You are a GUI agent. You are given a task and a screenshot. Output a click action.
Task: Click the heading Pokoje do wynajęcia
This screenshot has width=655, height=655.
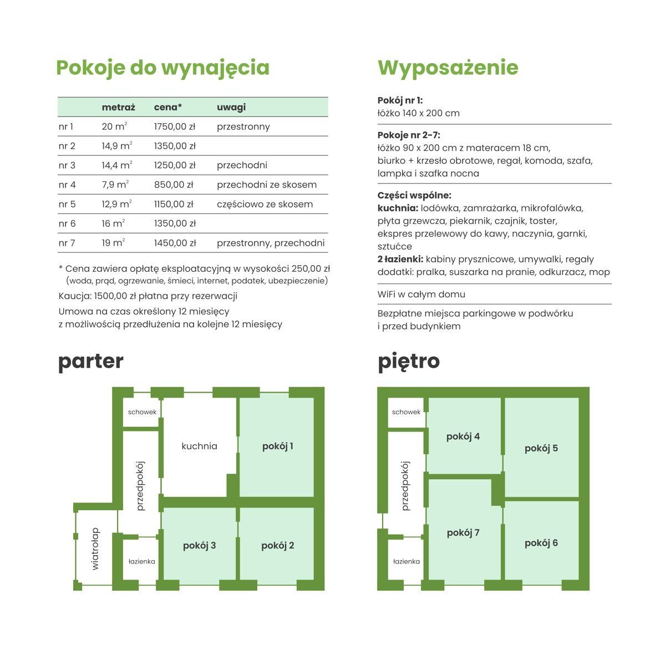click(163, 68)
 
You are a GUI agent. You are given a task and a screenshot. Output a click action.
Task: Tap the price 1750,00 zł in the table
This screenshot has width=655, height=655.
click(174, 126)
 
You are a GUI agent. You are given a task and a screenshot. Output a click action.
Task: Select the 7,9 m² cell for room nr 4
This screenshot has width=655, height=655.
click(115, 185)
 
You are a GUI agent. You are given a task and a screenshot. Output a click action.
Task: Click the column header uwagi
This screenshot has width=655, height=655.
click(231, 107)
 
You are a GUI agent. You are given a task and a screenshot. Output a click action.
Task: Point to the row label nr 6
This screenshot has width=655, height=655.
click(67, 224)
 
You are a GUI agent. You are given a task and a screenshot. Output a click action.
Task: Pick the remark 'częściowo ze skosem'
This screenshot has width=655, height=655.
click(265, 204)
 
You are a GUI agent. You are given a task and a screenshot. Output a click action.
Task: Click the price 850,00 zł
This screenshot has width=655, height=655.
click(173, 185)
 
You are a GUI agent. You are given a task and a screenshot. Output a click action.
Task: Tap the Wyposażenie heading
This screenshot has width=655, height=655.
click(448, 68)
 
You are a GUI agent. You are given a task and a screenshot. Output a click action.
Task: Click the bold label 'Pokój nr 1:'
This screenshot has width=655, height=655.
click(400, 100)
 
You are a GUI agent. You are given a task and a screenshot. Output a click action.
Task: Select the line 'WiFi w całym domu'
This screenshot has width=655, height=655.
click(421, 295)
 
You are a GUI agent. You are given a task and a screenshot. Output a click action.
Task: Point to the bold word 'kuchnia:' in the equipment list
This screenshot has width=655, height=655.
click(398, 209)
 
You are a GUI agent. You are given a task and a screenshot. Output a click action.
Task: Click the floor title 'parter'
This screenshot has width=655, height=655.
click(90, 361)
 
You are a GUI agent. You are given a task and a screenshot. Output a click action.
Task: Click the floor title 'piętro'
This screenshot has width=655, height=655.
click(408, 361)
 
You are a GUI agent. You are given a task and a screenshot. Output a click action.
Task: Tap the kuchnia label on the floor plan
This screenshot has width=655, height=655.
click(199, 446)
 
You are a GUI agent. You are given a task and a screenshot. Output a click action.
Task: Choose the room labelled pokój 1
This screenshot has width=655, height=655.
click(277, 446)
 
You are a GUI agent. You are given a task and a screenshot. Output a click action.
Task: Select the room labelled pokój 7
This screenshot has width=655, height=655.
click(463, 533)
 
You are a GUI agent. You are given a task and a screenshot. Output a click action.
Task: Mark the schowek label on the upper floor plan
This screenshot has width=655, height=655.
click(406, 412)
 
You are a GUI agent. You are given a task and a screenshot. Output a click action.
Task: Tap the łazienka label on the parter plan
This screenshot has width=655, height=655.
click(141, 561)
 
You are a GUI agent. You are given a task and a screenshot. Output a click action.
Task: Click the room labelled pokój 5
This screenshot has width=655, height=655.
click(541, 448)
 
